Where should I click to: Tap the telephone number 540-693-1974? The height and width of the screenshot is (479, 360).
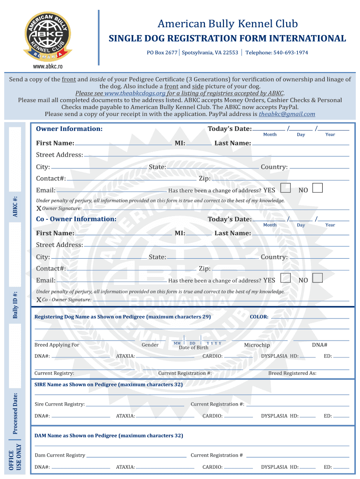click(x=290, y=52)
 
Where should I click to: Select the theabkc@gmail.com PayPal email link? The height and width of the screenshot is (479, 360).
click(x=287, y=114)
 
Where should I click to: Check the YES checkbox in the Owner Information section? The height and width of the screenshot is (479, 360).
click(x=285, y=188)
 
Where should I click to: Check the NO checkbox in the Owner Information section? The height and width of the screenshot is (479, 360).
click(x=317, y=188)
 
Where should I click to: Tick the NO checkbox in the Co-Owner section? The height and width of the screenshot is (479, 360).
click(x=317, y=278)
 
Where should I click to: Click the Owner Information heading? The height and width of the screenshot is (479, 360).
click(x=69, y=129)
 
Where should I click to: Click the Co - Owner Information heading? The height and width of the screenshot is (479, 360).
click(x=76, y=219)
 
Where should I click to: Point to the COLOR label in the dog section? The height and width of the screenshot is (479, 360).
click(x=259, y=317)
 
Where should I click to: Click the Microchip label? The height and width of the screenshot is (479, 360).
click(x=257, y=345)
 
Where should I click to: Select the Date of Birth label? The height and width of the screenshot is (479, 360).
click(x=194, y=348)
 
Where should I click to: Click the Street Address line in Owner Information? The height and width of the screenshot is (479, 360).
click(x=215, y=155)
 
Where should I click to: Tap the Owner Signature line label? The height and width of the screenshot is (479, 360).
click(x=62, y=209)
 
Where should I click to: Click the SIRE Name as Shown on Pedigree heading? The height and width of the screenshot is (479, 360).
click(x=108, y=385)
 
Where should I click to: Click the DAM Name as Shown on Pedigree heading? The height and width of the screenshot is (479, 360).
click(x=108, y=435)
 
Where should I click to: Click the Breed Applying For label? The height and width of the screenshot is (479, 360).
click(x=57, y=345)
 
